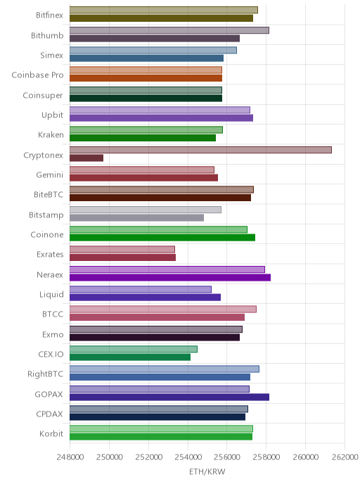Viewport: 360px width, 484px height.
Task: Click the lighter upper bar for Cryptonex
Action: [200, 150]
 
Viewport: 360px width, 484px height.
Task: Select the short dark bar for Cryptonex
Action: [86, 158]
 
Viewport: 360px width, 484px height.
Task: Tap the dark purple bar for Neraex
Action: [170, 277]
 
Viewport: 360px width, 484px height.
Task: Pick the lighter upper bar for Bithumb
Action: [169, 30]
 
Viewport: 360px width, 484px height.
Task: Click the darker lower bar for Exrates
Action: [122, 257]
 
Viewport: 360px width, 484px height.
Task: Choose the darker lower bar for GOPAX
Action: [169, 397]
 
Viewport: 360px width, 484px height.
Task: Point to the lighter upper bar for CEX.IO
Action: [134, 349]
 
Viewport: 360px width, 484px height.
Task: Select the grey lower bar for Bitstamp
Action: [136, 217]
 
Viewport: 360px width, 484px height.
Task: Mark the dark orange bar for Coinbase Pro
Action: [146, 78]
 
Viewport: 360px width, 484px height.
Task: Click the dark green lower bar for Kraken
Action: [143, 138]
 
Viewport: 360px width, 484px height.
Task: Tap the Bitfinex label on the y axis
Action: [49, 15]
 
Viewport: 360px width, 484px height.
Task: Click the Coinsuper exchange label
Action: [43, 96]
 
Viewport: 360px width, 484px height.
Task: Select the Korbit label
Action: [51, 433]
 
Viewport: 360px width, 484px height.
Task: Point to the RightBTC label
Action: [45, 374]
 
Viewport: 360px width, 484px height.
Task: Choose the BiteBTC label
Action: [49, 194]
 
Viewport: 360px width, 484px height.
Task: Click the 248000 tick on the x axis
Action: [70, 457]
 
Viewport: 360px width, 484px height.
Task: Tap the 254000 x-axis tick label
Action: [188, 457]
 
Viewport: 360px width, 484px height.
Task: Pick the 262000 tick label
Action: [345, 457]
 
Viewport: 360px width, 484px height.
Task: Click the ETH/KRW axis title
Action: [207, 471]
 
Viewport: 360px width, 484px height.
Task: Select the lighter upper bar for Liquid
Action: [141, 289]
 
